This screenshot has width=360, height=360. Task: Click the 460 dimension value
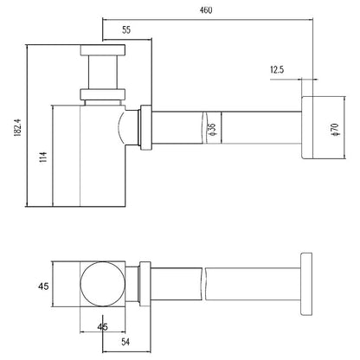tap(206, 10)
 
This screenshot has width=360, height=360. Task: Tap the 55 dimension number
tap(126, 29)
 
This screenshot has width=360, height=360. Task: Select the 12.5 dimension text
tap(277, 69)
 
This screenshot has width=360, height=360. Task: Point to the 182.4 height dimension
tap(17, 127)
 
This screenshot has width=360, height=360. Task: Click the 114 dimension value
tap(43, 157)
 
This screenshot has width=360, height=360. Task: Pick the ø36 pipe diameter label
tap(212, 129)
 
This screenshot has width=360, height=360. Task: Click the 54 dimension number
tap(125, 342)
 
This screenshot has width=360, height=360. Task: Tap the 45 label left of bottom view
tap(43, 286)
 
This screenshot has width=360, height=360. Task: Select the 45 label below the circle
tap(102, 327)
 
